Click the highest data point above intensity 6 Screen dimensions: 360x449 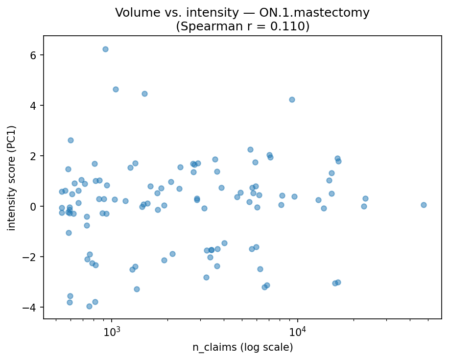point(105,49)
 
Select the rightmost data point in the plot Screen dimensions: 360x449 point(424,205)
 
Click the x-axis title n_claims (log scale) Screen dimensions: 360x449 point(242,348)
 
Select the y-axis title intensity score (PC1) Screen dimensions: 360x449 point(12,178)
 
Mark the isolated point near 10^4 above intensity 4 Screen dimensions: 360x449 point(292,99)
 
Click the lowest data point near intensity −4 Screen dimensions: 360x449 point(89,306)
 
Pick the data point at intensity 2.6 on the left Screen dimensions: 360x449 point(71,140)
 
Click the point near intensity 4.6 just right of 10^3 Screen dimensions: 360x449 point(116,89)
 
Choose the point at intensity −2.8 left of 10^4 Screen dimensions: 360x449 point(206,277)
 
